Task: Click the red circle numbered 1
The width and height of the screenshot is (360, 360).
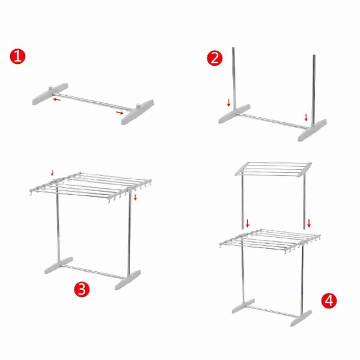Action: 18,56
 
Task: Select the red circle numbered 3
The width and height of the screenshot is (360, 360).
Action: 82,289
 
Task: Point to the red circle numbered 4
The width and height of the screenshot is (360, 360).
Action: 329,301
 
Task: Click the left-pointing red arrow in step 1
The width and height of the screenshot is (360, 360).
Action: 57,99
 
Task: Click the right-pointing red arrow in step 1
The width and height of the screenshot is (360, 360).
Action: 120,112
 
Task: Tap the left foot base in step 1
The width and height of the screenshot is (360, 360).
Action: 50,94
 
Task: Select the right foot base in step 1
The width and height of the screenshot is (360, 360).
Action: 138,112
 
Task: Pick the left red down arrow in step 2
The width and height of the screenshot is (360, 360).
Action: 229,103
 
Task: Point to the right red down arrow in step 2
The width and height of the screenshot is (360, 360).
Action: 306,117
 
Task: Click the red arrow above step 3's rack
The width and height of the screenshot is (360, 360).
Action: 52,173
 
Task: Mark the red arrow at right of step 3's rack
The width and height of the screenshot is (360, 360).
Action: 135,197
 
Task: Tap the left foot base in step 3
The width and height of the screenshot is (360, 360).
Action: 59,266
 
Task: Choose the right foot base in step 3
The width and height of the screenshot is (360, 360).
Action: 128,280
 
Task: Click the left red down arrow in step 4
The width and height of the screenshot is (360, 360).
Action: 248,223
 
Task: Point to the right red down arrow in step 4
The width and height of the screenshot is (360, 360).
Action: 309,223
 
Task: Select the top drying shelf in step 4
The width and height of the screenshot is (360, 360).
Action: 273,169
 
